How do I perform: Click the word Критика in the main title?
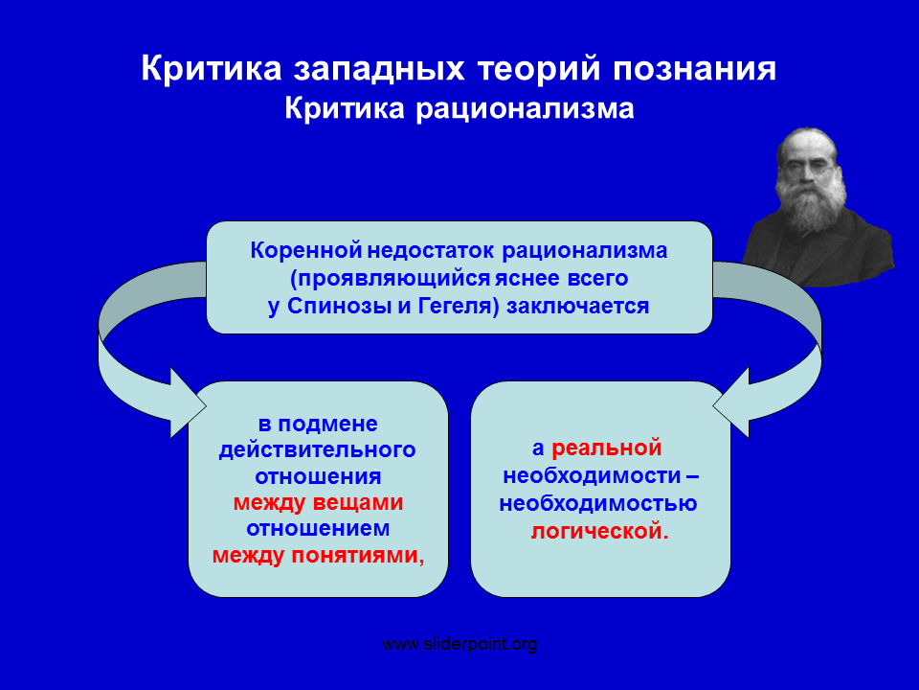[212, 68]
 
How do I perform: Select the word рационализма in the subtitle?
[526, 109]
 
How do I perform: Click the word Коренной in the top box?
[306, 250]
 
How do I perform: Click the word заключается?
[577, 307]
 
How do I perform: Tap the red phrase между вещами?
[318, 503]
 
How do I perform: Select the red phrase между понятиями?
[318, 555]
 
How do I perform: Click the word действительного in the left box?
[318, 450]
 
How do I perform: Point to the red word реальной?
[607, 448]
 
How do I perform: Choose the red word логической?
[599, 532]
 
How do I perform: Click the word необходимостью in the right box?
[597, 503]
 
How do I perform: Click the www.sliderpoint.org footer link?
[459, 645]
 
